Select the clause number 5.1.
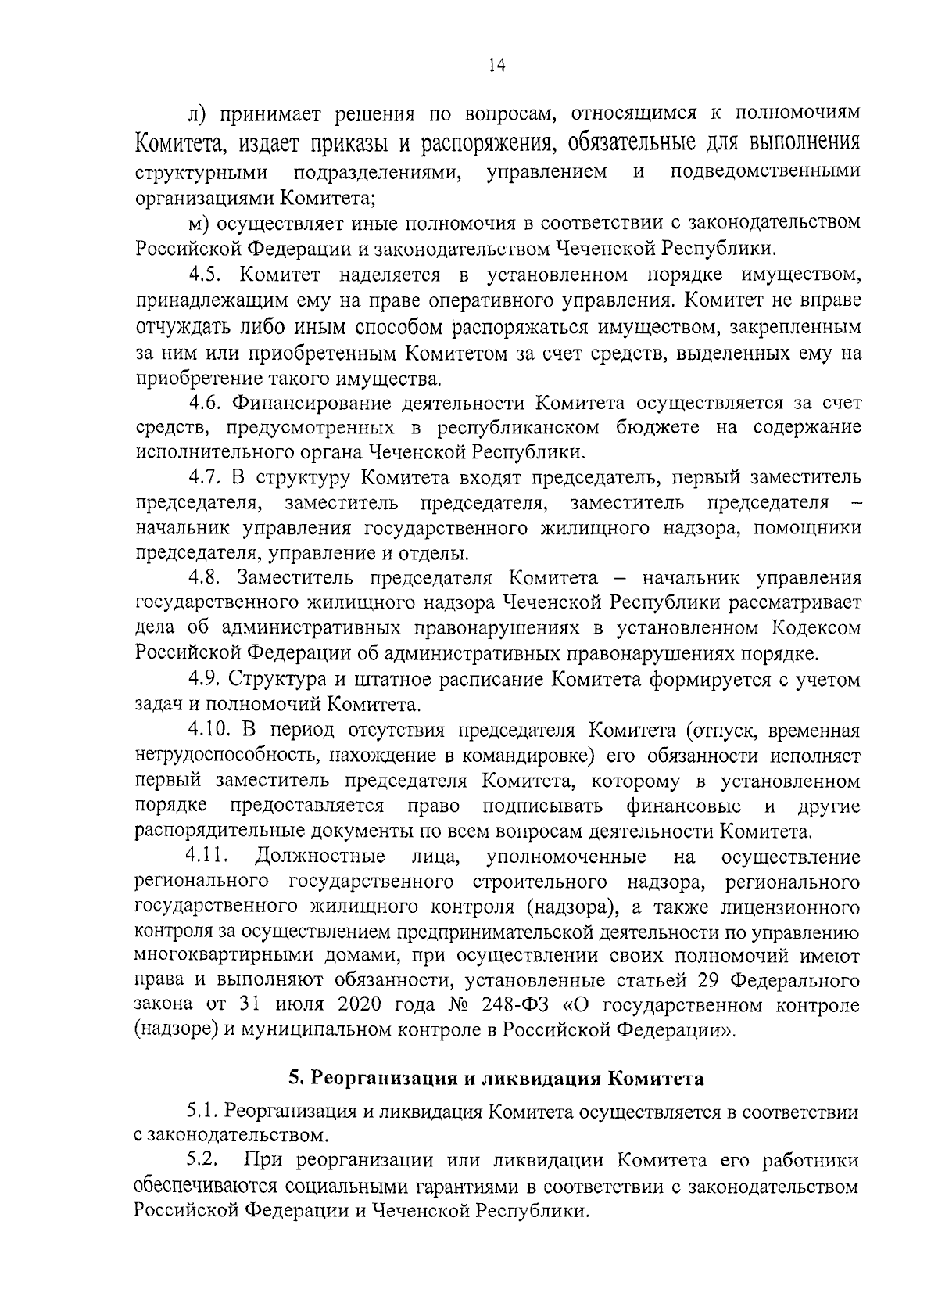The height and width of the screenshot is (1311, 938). [x=205, y=1112]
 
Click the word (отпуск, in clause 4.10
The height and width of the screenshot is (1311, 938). [x=720, y=731]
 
